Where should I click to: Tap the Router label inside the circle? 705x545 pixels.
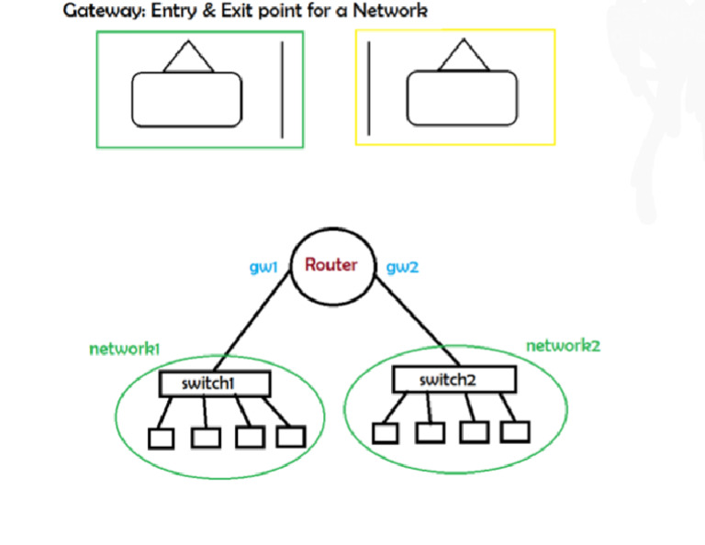coord(330,265)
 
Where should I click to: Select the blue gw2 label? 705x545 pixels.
coord(402,267)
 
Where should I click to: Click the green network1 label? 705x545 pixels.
coord(125,349)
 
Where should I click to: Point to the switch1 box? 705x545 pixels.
coord(215,384)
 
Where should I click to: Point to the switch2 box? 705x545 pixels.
coord(453,379)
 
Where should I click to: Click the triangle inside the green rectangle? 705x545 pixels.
coord(188,59)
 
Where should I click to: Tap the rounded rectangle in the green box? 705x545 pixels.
coord(187,99)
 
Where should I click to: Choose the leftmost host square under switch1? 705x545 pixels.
coord(162,439)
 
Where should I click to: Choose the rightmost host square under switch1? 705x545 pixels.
coord(291,436)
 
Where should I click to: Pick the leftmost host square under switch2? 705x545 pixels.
coord(386,432)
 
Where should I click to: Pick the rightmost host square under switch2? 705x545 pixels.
coord(515,430)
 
